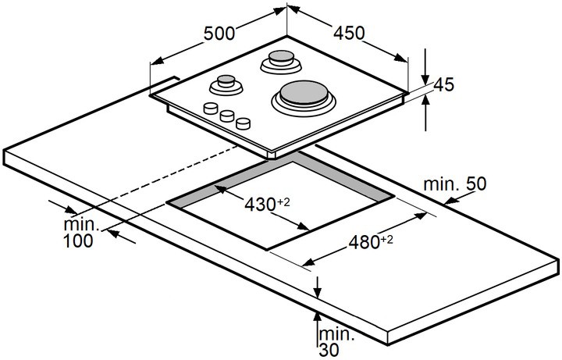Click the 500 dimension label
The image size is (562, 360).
(219, 34)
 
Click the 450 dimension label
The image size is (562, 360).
(349, 33)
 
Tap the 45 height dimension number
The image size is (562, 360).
(443, 84)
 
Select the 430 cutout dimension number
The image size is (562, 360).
(260, 205)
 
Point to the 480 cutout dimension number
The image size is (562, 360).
(365, 242)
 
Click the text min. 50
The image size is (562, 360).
(455, 184)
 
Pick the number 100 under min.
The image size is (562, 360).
(78, 241)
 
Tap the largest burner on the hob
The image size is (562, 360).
(303, 96)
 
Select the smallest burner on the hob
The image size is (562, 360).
(226, 85)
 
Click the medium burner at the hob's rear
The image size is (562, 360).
(281, 62)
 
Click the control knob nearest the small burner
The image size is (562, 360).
(211, 108)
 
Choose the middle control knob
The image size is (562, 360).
(227, 116)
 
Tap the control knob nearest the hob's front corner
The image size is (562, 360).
(244, 123)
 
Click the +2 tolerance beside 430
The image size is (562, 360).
(283, 202)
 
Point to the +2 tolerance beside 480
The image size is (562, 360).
(386, 239)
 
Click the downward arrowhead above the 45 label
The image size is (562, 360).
(425, 80)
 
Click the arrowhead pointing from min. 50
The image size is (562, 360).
(450, 201)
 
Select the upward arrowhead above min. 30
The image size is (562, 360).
(317, 318)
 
